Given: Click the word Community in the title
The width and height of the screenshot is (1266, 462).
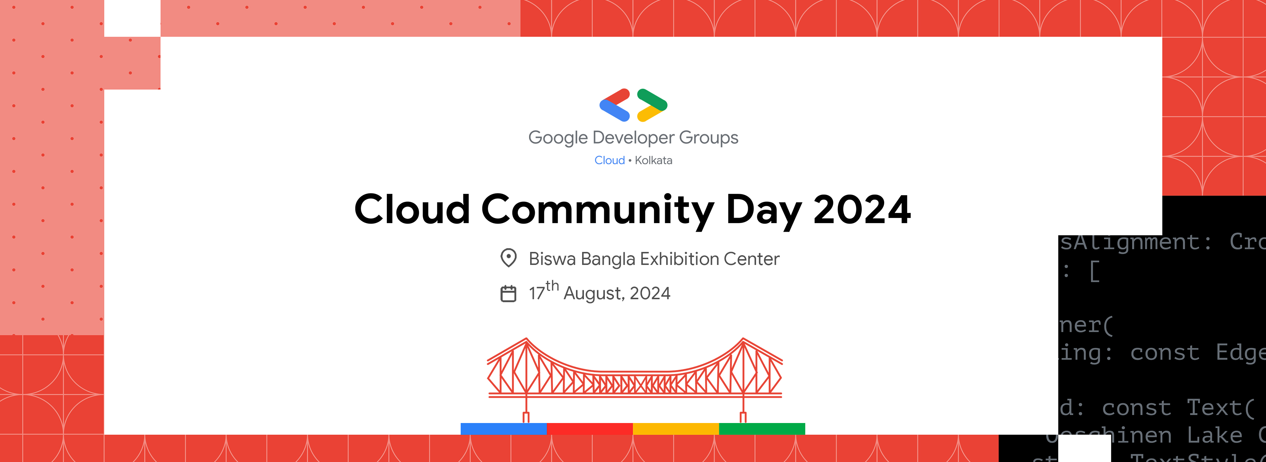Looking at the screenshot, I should click(597, 209).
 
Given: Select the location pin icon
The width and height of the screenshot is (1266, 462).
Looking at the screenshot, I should click(508, 258).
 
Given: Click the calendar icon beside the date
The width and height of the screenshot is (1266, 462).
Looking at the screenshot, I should click(508, 293).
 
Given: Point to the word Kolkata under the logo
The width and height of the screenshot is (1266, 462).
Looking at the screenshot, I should click(653, 160).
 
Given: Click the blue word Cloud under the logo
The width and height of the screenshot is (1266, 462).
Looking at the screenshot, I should click(610, 160).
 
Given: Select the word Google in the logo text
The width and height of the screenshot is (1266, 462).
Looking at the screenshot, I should click(558, 138).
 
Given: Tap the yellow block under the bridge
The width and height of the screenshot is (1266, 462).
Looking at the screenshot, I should click(676, 428).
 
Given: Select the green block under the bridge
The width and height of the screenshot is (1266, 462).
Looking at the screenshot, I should click(762, 428).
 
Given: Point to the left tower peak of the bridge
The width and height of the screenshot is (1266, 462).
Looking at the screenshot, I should click(526, 339).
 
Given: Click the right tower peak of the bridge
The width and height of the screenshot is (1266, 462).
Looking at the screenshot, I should click(743, 339).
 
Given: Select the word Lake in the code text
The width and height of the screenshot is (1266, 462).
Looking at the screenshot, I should click(1214, 435).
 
